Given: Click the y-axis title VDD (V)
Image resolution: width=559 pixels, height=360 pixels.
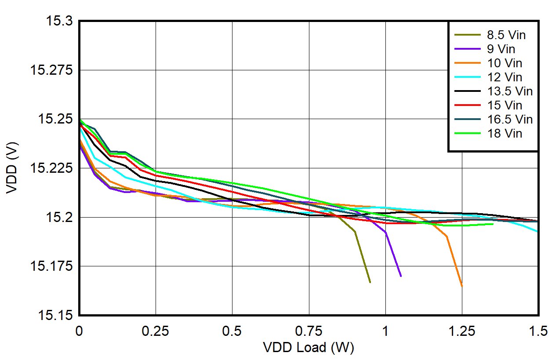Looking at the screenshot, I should coord(12,168).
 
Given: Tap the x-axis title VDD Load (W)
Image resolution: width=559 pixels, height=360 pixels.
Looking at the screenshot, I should coord(309,347).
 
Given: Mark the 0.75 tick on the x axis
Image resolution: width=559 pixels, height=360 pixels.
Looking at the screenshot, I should coord(309,330).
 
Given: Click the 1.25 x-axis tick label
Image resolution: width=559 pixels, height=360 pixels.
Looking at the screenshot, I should coord(462,330).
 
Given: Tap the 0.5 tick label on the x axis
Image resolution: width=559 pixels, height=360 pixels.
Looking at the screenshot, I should coord(232,330).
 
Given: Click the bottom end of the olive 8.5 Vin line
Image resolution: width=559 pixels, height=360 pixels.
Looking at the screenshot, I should coord(370,282).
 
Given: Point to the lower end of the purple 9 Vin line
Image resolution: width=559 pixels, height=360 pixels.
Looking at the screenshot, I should coord(401,276).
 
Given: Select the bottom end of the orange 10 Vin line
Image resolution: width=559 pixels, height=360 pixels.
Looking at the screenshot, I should coord(462,286).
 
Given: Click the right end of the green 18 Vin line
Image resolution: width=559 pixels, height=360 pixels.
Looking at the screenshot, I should coord(493,224).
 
